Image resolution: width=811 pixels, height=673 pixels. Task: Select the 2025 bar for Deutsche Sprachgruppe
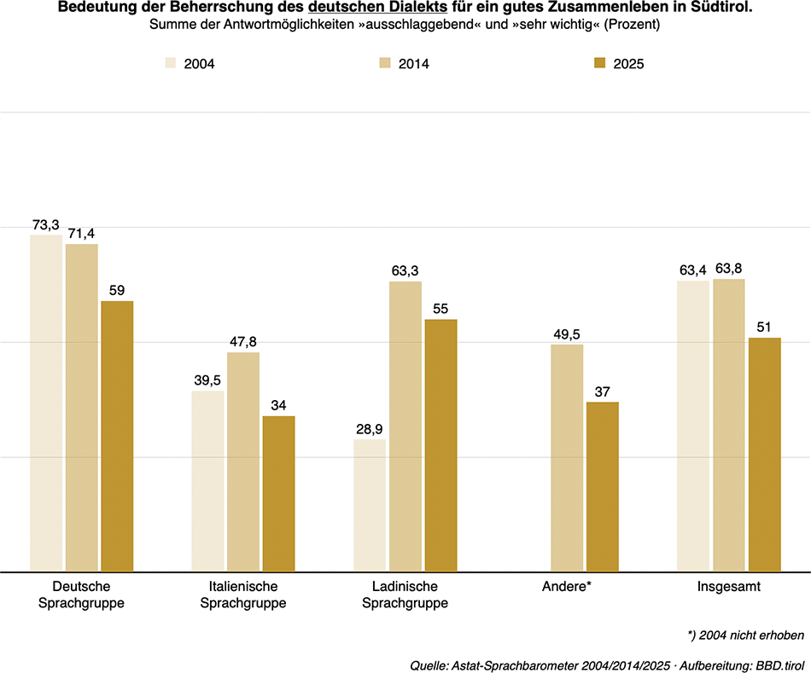pos(117,436)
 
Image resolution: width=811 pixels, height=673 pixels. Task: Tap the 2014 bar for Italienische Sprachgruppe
pos(243,461)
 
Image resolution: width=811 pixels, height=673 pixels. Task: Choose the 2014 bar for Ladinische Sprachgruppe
pos(405,426)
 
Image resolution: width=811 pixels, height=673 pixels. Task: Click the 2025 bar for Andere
pos(602,486)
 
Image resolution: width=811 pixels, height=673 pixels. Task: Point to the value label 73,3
pos(45,225)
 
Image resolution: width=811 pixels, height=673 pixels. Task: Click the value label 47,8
pos(243,342)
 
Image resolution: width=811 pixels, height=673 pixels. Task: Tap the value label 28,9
pos(370,429)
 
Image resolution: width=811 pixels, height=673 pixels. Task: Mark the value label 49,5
pos(567,334)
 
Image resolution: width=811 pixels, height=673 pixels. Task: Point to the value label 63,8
pos(728,270)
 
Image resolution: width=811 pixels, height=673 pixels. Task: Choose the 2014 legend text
pos(414,64)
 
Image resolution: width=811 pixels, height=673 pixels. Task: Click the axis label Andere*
pos(567,587)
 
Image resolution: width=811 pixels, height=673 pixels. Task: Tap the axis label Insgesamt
pos(728,587)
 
